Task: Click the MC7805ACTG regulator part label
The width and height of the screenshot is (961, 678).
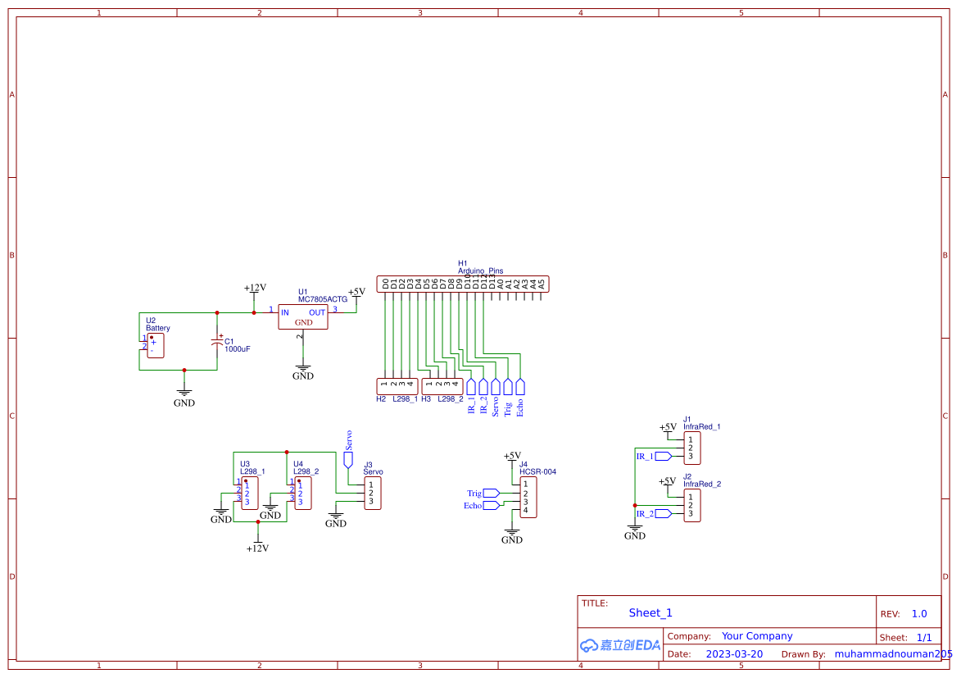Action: [x=323, y=300]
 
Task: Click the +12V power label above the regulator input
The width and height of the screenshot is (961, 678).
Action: [x=255, y=288]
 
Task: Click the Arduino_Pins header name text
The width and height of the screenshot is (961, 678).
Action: [x=480, y=271]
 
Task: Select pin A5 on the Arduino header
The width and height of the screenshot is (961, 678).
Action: [x=541, y=284]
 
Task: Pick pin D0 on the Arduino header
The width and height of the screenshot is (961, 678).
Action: [x=385, y=284]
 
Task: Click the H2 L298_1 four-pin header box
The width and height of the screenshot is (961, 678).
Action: [x=397, y=385]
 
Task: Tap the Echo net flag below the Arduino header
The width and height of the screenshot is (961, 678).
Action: [x=520, y=387]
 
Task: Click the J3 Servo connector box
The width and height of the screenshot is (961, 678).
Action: [x=373, y=493]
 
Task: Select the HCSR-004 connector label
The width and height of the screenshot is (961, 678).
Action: [x=537, y=472]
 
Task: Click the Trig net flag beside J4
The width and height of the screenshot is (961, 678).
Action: [x=490, y=493]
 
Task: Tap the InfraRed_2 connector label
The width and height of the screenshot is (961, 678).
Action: [x=701, y=484]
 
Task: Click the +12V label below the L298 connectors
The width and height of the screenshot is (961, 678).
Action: [x=257, y=548]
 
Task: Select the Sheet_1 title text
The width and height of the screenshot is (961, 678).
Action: [x=650, y=612]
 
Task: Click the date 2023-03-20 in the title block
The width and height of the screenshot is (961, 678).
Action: [x=734, y=654]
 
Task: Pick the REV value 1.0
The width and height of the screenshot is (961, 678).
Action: [x=919, y=613]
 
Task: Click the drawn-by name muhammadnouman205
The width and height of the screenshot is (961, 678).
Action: [x=893, y=654]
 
